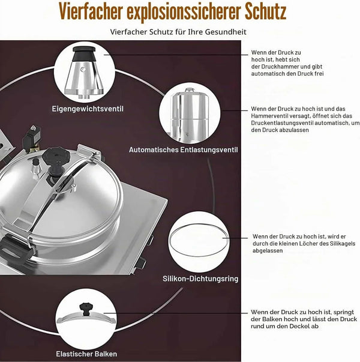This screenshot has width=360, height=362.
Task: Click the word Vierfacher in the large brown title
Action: coord(90,11)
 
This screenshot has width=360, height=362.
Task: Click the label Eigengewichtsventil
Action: coord(88,109)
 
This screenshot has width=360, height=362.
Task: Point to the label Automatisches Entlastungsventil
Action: coord(183,150)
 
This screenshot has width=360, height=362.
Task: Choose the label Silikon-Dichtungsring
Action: coord(200,279)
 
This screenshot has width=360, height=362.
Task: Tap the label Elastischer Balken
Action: coord(86,354)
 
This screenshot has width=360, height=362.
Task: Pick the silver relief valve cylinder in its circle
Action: coord(189,115)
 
